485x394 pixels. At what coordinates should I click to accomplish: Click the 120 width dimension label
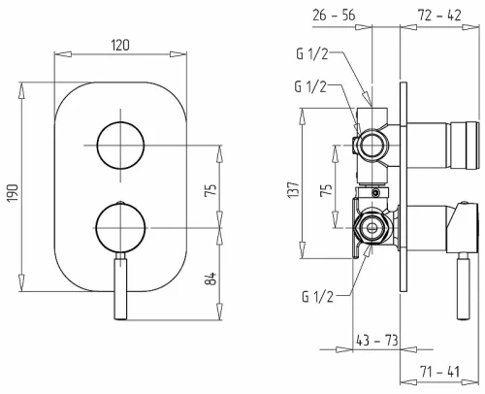click(x=120, y=46)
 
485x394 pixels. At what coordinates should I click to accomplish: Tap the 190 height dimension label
click(x=14, y=193)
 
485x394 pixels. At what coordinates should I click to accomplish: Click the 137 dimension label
click(x=293, y=190)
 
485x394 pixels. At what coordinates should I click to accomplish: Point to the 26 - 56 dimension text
click(x=334, y=16)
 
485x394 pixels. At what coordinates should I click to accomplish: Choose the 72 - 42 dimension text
click(x=439, y=16)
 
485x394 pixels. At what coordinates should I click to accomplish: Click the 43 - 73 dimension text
click(x=377, y=341)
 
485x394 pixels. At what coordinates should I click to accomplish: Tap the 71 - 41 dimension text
click(x=439, y=372)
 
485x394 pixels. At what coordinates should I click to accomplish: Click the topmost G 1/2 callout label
click(x=312, y=54)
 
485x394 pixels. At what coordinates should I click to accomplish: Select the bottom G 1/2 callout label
click(x=317, y=296)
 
